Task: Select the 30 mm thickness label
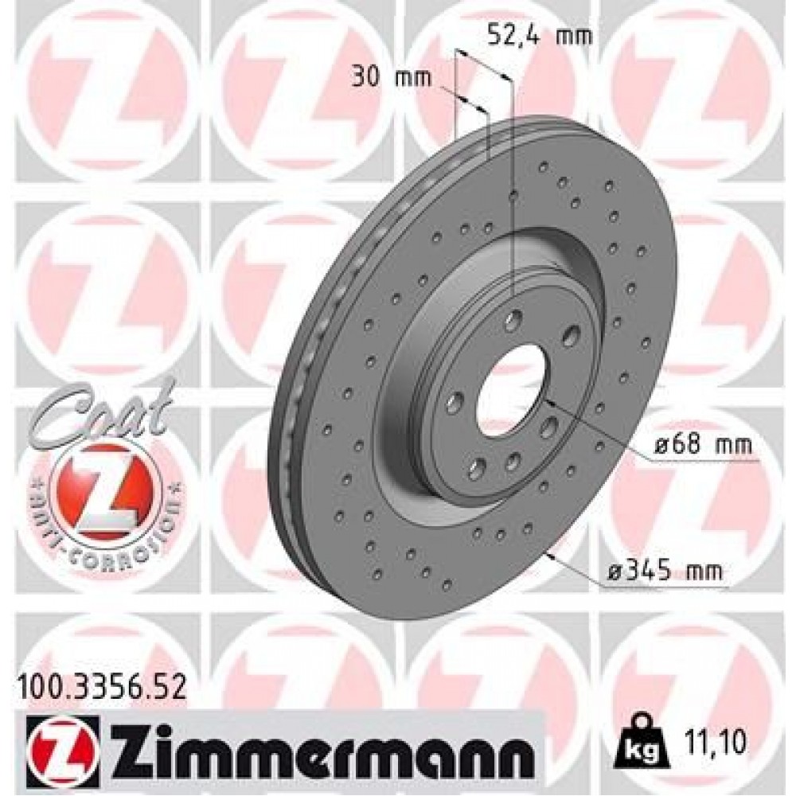pyautogui.click(x=390, y=77)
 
